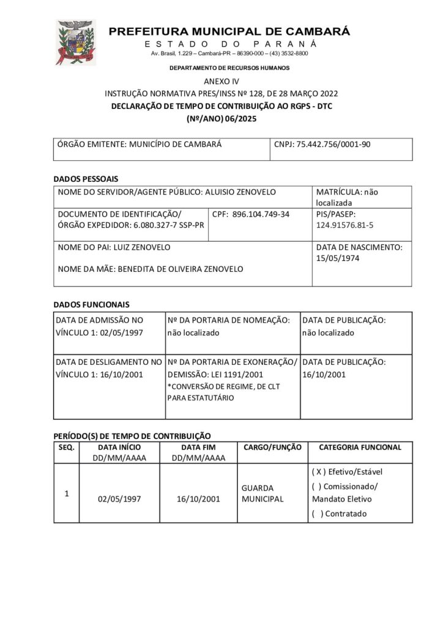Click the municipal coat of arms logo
76,42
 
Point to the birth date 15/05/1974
338,258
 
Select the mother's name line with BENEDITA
150,269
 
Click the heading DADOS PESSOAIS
86,179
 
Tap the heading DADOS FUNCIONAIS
92,304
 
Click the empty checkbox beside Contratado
318,514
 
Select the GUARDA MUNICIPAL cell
263,494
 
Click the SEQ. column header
66,447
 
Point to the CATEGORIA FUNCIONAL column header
360,447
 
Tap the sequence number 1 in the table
66,493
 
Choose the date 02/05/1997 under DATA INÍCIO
119,499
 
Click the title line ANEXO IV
221,81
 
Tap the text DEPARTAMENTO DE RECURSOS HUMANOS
229,68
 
